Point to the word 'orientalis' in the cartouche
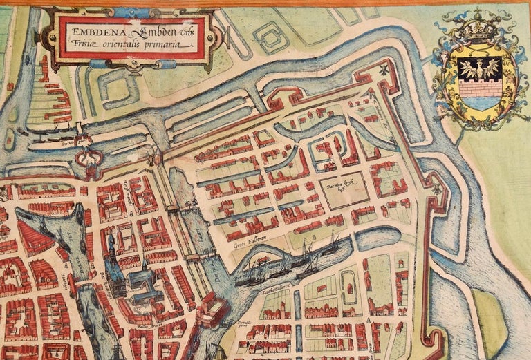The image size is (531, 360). (122, 44)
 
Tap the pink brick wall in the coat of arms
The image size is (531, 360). (478, 89)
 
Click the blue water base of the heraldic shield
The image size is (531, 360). (477, 103)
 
